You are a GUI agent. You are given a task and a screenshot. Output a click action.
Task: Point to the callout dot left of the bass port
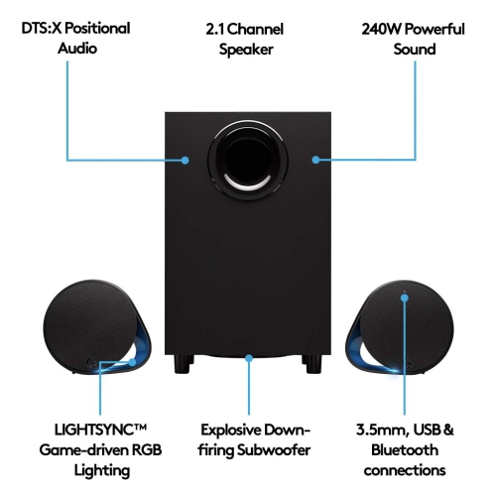[187, 159]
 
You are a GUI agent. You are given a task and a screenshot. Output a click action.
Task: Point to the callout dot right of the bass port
[314, 159]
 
